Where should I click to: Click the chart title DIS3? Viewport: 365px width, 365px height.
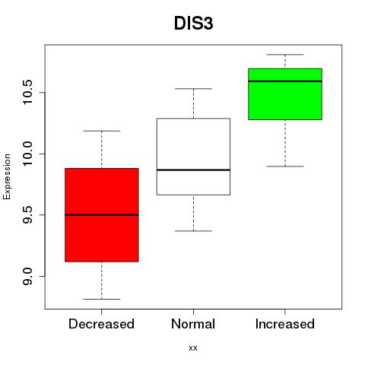point(193,24)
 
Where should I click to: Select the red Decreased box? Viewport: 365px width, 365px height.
point(102,215)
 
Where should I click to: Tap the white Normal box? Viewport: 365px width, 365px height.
point(193,157)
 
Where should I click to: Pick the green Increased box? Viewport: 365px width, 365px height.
point(285,94)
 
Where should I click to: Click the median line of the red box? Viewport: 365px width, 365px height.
point(102,215)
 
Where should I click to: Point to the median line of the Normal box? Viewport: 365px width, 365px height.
point(193,170)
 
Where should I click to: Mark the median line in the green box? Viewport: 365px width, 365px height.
point(285,81)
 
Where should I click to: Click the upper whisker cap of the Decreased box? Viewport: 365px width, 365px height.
point(102,131)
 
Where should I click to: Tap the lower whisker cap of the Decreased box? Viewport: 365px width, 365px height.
point(102,299)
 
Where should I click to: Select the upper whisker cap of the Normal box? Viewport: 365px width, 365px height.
point(193,89)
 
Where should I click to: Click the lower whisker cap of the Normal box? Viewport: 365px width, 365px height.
point(193,231)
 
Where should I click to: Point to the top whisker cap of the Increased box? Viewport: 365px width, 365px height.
point(285,55)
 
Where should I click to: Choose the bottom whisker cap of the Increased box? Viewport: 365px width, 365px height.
point(285,167)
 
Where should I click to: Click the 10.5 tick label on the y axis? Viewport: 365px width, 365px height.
point(27,92)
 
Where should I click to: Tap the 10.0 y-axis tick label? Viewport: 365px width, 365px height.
point(27,154)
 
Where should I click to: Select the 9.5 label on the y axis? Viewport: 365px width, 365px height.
point(27,215)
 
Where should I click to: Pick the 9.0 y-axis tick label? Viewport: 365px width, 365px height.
point(27,276)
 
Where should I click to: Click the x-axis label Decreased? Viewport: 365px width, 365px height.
point(101,324)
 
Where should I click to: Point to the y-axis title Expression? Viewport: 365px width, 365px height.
point(7,176)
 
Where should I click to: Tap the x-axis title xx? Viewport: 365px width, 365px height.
point(193,348)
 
